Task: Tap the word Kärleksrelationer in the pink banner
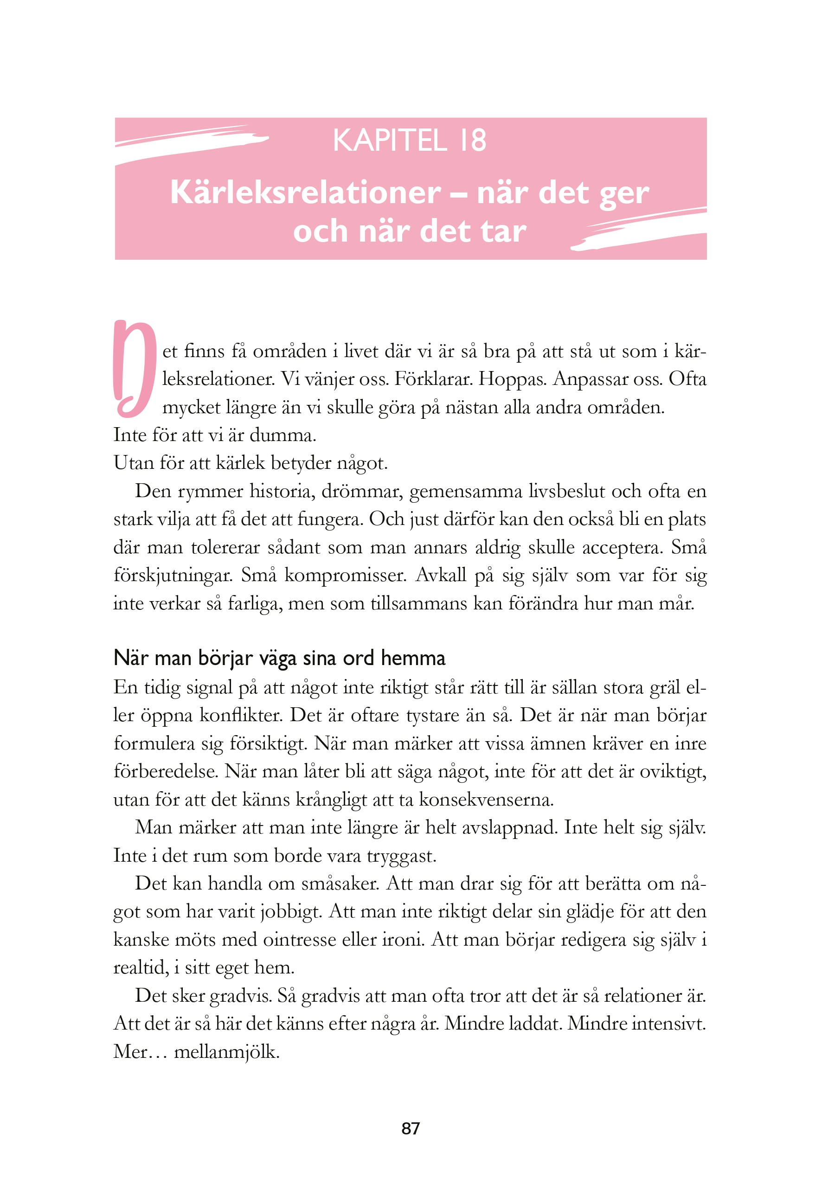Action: click(305, 192)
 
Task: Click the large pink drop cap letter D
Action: click(134, 368)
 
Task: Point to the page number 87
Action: click(411, 1128)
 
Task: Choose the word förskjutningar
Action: click(173, 575)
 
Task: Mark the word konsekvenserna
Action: click(487, 800)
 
